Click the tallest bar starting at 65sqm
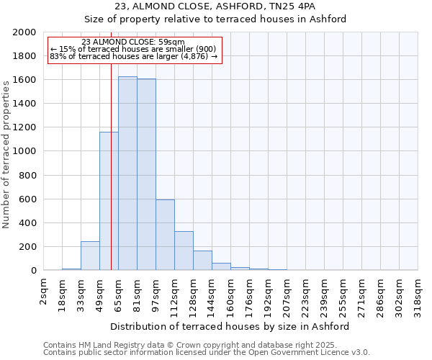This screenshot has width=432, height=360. pyautogui.click(x=127, y=173)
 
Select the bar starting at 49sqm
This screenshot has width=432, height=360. pyautogui.click(x=109, y=201)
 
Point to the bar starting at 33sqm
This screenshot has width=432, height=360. pyautogui.click(x=90, y=256)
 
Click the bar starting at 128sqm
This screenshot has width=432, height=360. pyautogui.click(x=202, y=261)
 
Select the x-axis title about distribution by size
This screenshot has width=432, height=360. pyautogui.click(x=230, y=326)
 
